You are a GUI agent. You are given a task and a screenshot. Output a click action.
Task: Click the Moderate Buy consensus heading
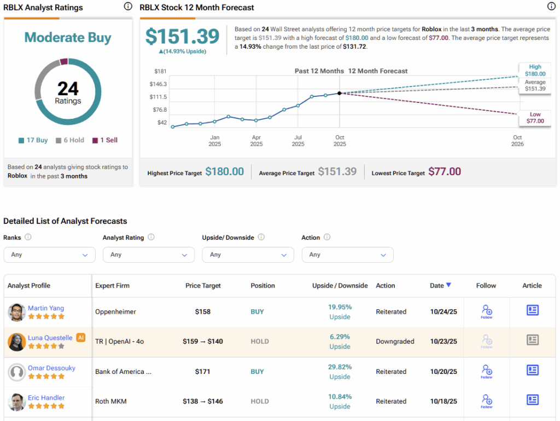tap(68, 38)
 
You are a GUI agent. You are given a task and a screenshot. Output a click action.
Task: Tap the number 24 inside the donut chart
tap(68, 88)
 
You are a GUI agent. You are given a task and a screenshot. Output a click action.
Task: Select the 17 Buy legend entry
tap(33, 140)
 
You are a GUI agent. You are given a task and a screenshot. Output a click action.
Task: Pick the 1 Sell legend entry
tap(105, 140)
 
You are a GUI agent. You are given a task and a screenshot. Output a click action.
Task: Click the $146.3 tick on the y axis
tap(158, 84)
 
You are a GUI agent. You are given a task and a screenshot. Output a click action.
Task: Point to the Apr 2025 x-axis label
tap(256, 141)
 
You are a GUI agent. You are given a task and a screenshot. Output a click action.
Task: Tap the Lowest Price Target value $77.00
tap(444, 172)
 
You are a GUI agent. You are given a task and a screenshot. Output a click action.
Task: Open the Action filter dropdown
tap(347, 255)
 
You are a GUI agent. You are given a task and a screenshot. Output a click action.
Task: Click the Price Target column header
tap(203, 286)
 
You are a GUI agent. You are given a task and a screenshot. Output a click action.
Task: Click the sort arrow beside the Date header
tap(448, 285)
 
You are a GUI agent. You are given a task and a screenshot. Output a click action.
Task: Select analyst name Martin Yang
tap(46, 308)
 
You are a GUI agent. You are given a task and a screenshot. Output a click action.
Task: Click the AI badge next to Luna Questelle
tap(81, 337)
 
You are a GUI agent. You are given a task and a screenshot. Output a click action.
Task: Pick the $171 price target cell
tap(203, 372)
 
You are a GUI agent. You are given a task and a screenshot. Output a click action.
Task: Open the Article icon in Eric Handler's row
tap(532, 400)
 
